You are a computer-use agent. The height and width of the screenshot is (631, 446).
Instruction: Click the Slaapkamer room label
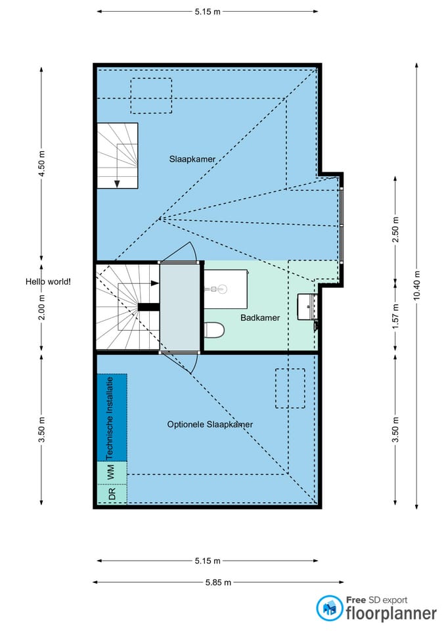tap(192, 159)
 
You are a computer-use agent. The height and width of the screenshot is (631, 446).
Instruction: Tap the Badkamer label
tap(260, 317)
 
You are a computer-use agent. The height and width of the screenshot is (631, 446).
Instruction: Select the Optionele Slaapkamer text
tap(210, 424)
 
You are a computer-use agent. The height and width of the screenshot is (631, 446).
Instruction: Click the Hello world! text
tap(48, 282)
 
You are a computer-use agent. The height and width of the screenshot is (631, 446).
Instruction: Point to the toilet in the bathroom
tap(214, 331)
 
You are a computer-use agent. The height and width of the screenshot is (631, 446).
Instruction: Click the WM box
tap(112, 472)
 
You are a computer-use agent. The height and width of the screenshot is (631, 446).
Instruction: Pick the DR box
tap(112, 494)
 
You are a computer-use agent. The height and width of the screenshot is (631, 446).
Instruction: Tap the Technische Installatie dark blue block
tap(112, 418)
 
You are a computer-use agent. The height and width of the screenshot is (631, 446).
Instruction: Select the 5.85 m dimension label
tap(218, 582)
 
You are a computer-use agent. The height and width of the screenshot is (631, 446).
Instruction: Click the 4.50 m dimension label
tap(41, 163)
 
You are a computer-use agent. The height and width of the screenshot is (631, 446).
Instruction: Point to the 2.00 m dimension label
tap(41, 308)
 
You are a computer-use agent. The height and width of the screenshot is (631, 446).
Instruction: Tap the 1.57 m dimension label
tap(395, 316)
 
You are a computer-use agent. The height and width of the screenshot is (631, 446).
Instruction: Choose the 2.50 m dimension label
tap(395, 230)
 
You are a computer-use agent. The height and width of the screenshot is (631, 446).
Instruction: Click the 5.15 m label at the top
tap(208, 12)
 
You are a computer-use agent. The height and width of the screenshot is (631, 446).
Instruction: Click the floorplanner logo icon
tap(329, 607)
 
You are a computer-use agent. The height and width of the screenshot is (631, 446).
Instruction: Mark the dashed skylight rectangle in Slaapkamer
tap(151, 95)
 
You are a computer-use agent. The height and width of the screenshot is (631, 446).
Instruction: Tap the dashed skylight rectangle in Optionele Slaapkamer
tap(290, 388)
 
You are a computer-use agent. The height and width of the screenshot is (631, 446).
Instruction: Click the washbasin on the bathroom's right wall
tap(307, 307)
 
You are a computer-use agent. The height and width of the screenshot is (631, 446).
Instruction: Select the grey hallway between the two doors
tap(180, 307)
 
